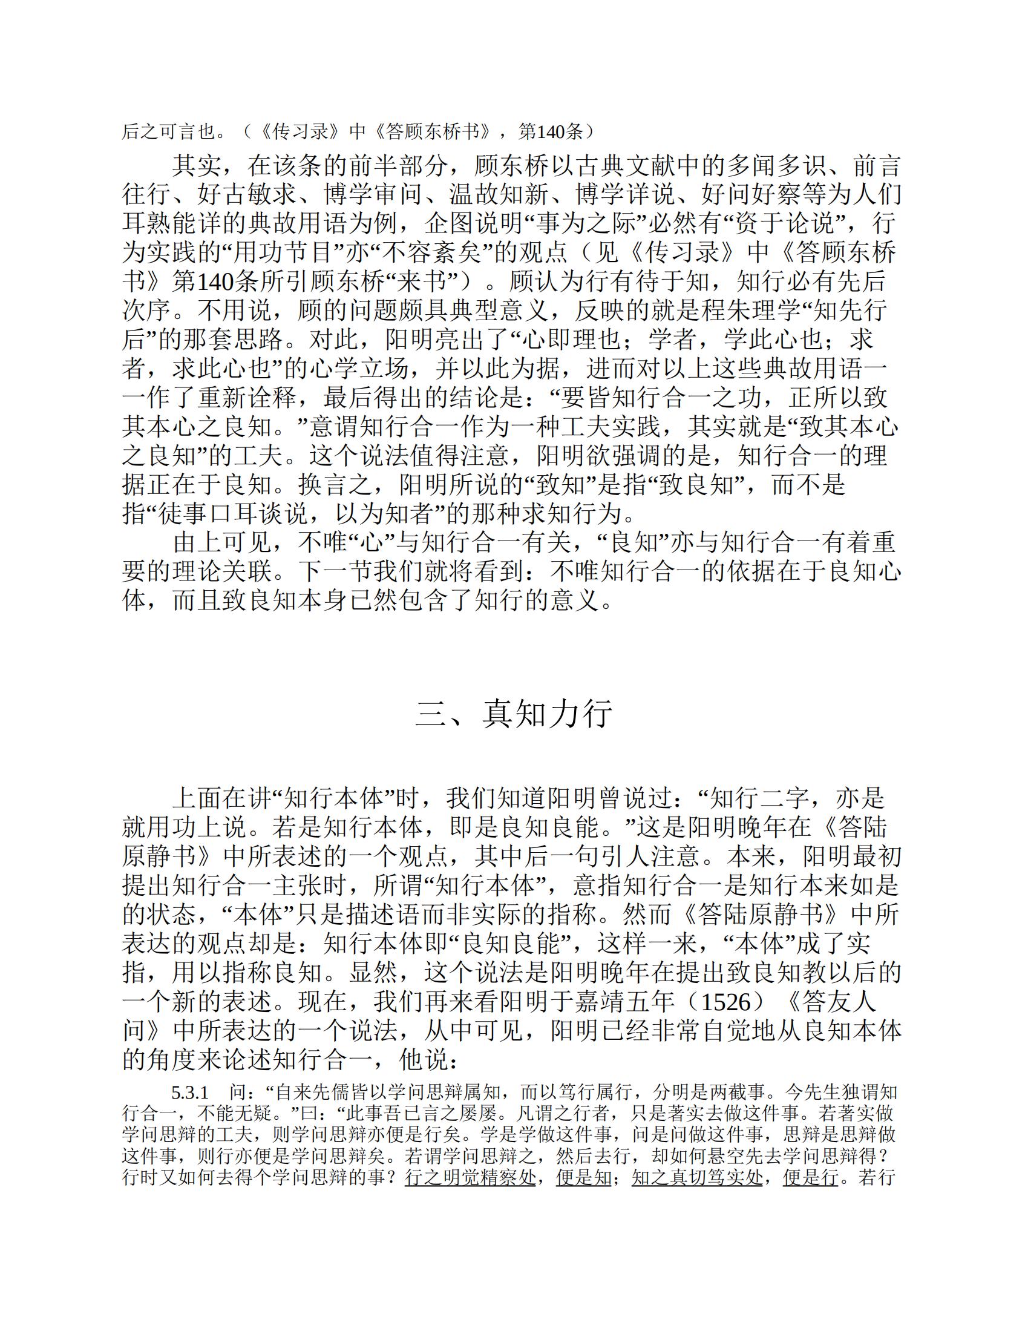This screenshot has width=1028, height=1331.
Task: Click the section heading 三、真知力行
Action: tap(514, 712)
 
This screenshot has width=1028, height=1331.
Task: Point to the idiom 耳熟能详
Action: tap(172, 225)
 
